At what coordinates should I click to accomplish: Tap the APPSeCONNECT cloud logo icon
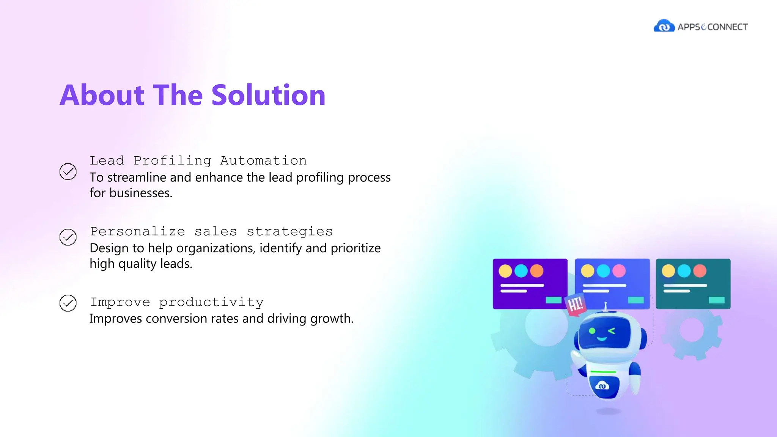(x=664, y=26)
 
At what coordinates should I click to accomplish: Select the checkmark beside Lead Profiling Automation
(x=68, y=171)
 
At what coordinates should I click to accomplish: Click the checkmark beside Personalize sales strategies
(x=68, y=237)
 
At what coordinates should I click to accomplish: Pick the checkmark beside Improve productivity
(x=68, y=303)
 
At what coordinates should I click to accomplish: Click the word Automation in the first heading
(x=263, y=160)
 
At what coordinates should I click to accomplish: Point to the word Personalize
(x=137, y=231)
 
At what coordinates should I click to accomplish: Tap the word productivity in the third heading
(x=211, y=302)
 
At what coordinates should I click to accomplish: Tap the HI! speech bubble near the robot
(x=575, y=304)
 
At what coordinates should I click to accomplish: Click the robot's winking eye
(x=611, y=331)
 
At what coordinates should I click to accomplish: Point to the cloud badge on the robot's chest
(x=602, y=386)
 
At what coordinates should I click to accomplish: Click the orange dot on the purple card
(x=537, y=271)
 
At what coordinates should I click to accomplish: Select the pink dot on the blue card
(x=619, y=271)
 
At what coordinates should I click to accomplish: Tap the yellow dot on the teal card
(x=668, y=271)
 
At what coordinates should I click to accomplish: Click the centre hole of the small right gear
(x=692, y=330)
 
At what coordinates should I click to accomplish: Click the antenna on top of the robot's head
(x=606, y=305)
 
